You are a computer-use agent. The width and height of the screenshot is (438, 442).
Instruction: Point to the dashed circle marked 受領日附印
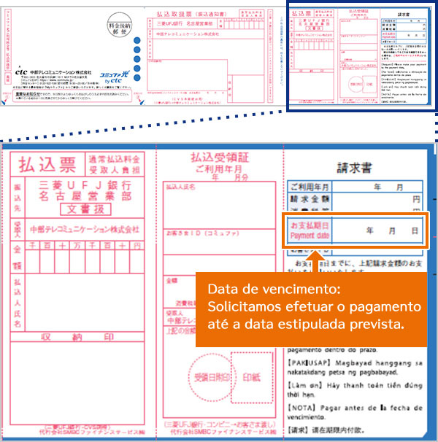[208, 378]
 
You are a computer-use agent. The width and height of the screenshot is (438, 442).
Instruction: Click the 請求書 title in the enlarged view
[355, 167]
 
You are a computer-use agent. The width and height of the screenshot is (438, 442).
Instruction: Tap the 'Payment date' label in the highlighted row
[310, 236]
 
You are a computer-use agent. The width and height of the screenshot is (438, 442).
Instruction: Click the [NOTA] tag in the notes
[302, 406]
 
